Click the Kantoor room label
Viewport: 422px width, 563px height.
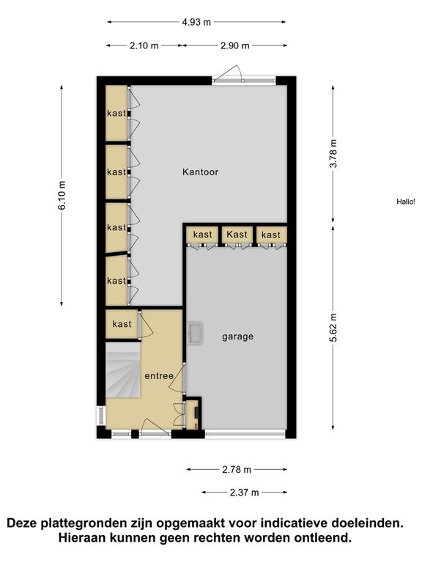[x=200, y=172]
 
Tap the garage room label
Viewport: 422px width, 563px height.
[x=237, y=336]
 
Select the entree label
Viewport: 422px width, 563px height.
[x=159, y=376]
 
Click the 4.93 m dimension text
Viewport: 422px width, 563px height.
[x=196, y=22]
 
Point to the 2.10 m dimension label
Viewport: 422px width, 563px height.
[x=144, y=45]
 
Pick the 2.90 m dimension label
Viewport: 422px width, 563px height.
[x=234, y=45]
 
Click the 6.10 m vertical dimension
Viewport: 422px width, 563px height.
[x=62, y=195]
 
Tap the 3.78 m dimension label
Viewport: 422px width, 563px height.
[x=333, y=153]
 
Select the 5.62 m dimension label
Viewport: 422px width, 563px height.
[x=333, y=328]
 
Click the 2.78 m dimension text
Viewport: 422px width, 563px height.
[x=237, y=469]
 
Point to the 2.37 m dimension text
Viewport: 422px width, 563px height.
[x=244, y=493]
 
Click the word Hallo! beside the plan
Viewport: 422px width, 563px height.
[x=405, y=202]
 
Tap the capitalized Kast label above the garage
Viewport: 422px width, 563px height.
[x=237, y=235]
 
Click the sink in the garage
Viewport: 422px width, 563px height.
[x=196, y=334]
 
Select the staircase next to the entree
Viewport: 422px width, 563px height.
[x=123, y=369]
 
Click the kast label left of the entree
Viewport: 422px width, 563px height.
[x=122, y=324]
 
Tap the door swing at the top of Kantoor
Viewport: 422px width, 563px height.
[x=229, y=73]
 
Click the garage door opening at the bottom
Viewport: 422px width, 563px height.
[x=245, y=434]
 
